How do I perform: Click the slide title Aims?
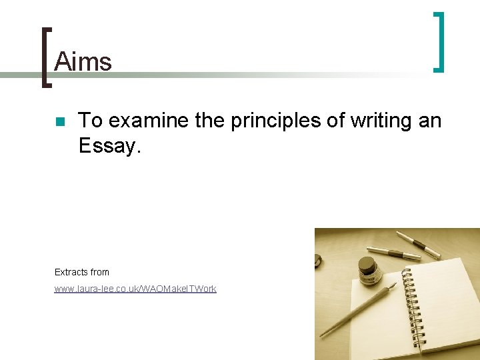click(83, 61)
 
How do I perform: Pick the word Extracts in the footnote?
click(71, 272)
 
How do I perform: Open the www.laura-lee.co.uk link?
click(135, 289)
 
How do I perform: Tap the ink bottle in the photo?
click(368, 273)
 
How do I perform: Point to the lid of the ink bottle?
click(367, 263)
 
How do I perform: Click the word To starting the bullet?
click(91, 121)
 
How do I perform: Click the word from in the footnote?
click(101, 272)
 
